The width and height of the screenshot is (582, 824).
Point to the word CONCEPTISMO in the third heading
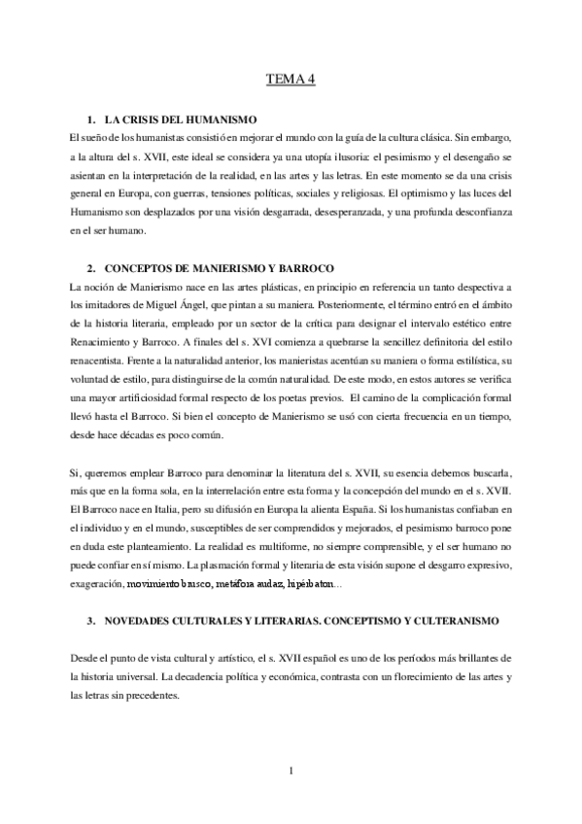[355, 619]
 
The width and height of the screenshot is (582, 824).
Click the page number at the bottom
[291, 772]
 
